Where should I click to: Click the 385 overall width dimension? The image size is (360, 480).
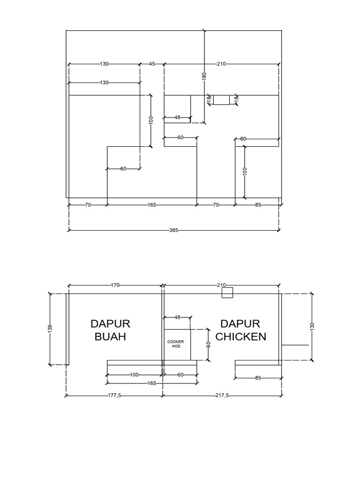pos(174,230)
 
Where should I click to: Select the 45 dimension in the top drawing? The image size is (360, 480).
pos(152,64)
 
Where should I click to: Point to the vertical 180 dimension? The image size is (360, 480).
pos(204,76)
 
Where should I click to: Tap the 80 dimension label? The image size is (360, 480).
pos(243,139)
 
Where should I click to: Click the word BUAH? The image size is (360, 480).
pos(110,337)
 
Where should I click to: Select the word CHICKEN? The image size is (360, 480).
pos(240,337)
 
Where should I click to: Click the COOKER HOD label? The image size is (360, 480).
pos(176,344)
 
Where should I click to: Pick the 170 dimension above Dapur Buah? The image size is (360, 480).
pos(115,285)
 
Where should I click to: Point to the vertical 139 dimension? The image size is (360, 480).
pos(50,329)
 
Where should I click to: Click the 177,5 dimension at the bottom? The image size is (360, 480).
pos(114,396)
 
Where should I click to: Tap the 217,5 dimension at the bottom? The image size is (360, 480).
pos(221,396)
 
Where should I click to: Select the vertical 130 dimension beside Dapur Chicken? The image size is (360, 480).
pos(313,326)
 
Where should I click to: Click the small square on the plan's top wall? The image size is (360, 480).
pos(227,293)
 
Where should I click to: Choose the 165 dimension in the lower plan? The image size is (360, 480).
pos(152,383)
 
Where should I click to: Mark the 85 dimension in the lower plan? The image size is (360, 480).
pos(258,378)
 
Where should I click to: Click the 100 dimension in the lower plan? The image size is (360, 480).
pos(135,375)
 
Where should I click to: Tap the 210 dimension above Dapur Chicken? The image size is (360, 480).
pos(221,285)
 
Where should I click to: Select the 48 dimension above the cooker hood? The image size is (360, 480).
pos(177,317)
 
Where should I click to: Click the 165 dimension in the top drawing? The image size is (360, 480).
pos(152,205)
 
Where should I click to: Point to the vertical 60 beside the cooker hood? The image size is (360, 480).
pos(209,345)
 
